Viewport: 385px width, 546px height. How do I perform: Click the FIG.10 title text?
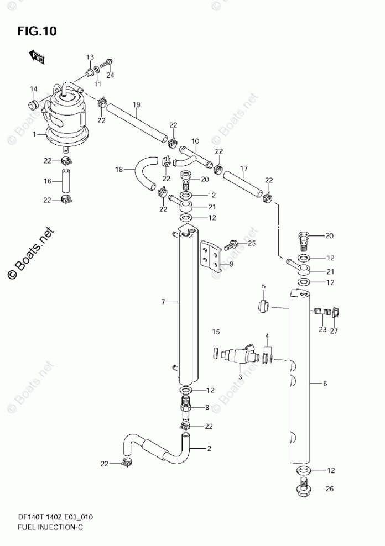(37, 32)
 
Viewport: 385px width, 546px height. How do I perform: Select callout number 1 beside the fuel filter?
(35, 134)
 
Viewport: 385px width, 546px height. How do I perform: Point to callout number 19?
(136, 105)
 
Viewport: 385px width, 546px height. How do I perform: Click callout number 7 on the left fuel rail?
(163, 302)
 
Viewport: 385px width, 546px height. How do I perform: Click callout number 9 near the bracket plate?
(231, 264)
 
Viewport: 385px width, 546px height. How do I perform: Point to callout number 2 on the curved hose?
(209, 448)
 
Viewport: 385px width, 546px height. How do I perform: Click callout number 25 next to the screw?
(252, 243)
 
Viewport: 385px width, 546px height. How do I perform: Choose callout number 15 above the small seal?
(216, 332)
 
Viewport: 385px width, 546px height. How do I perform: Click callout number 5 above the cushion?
(264, 286)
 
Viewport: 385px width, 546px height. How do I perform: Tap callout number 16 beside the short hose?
(48, 181)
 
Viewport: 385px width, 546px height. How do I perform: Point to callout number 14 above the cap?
(34, 89)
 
